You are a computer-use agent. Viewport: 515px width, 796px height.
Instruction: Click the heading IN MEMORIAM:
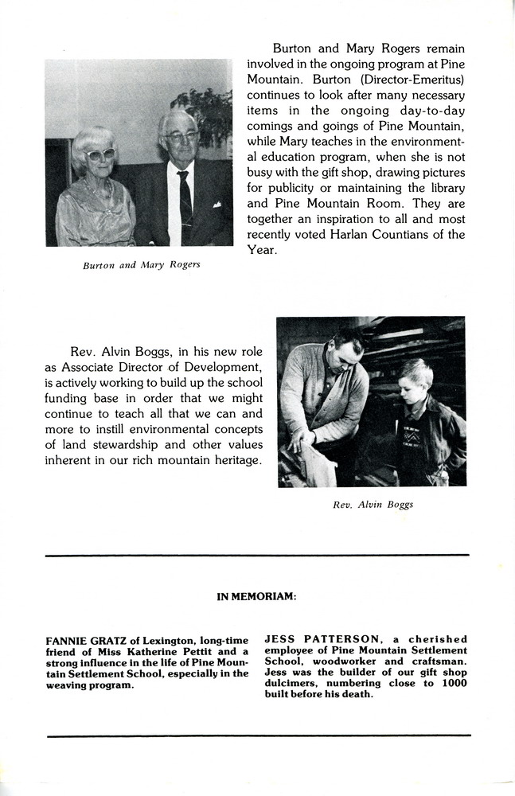[x=256, y=595]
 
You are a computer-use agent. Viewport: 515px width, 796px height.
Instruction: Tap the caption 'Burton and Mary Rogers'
[x=141, y=265]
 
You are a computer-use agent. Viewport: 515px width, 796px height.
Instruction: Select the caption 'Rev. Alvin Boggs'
[x=373, y=505]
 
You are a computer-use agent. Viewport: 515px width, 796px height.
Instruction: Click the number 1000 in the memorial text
[x=453, y=683]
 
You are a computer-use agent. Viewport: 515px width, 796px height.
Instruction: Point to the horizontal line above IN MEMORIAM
[x=257, y=556]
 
